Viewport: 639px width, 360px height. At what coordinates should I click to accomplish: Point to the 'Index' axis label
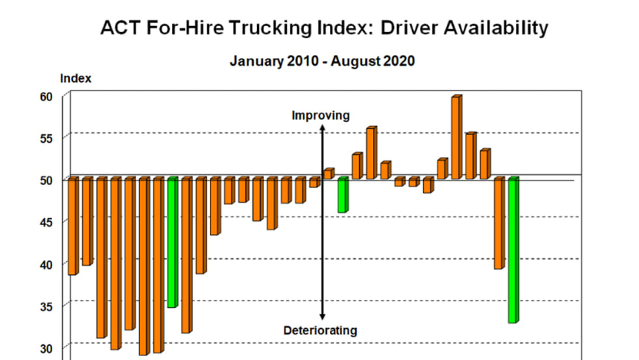coord(76,78)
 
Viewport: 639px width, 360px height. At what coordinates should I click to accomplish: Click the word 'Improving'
coord(320,116)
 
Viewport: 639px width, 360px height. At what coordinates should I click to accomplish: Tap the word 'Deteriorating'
coord(320,330)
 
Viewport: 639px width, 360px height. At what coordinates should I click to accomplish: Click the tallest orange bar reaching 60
coord(456,137)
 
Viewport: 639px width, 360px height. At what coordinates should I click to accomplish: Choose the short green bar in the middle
coord(342,195)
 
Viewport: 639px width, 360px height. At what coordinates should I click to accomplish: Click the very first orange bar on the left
coord(72,226)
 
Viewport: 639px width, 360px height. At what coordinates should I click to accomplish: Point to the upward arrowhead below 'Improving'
coord(321,128)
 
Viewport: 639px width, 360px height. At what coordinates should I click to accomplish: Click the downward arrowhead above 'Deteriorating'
coord(321,317)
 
